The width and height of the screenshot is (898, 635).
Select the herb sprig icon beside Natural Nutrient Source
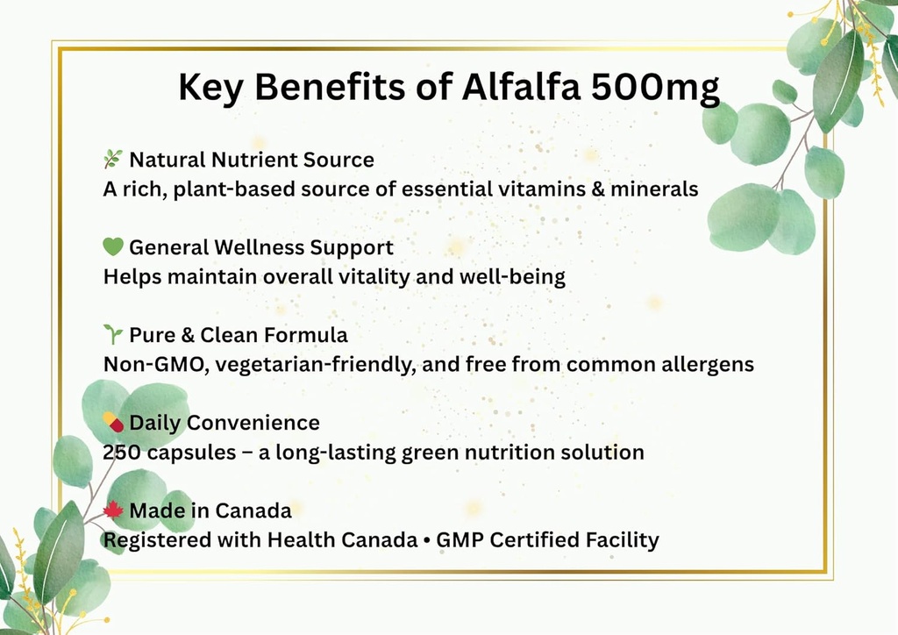[113, 159]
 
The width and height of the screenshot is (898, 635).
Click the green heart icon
[113, 247]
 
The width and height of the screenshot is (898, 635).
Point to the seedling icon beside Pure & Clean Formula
[113, 334]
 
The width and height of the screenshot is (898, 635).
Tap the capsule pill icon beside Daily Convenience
[113, 422]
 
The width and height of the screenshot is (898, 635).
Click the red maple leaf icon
[113, 510]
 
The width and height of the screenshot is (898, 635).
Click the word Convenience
[253, 423]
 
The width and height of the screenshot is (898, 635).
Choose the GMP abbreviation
[459, 540]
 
